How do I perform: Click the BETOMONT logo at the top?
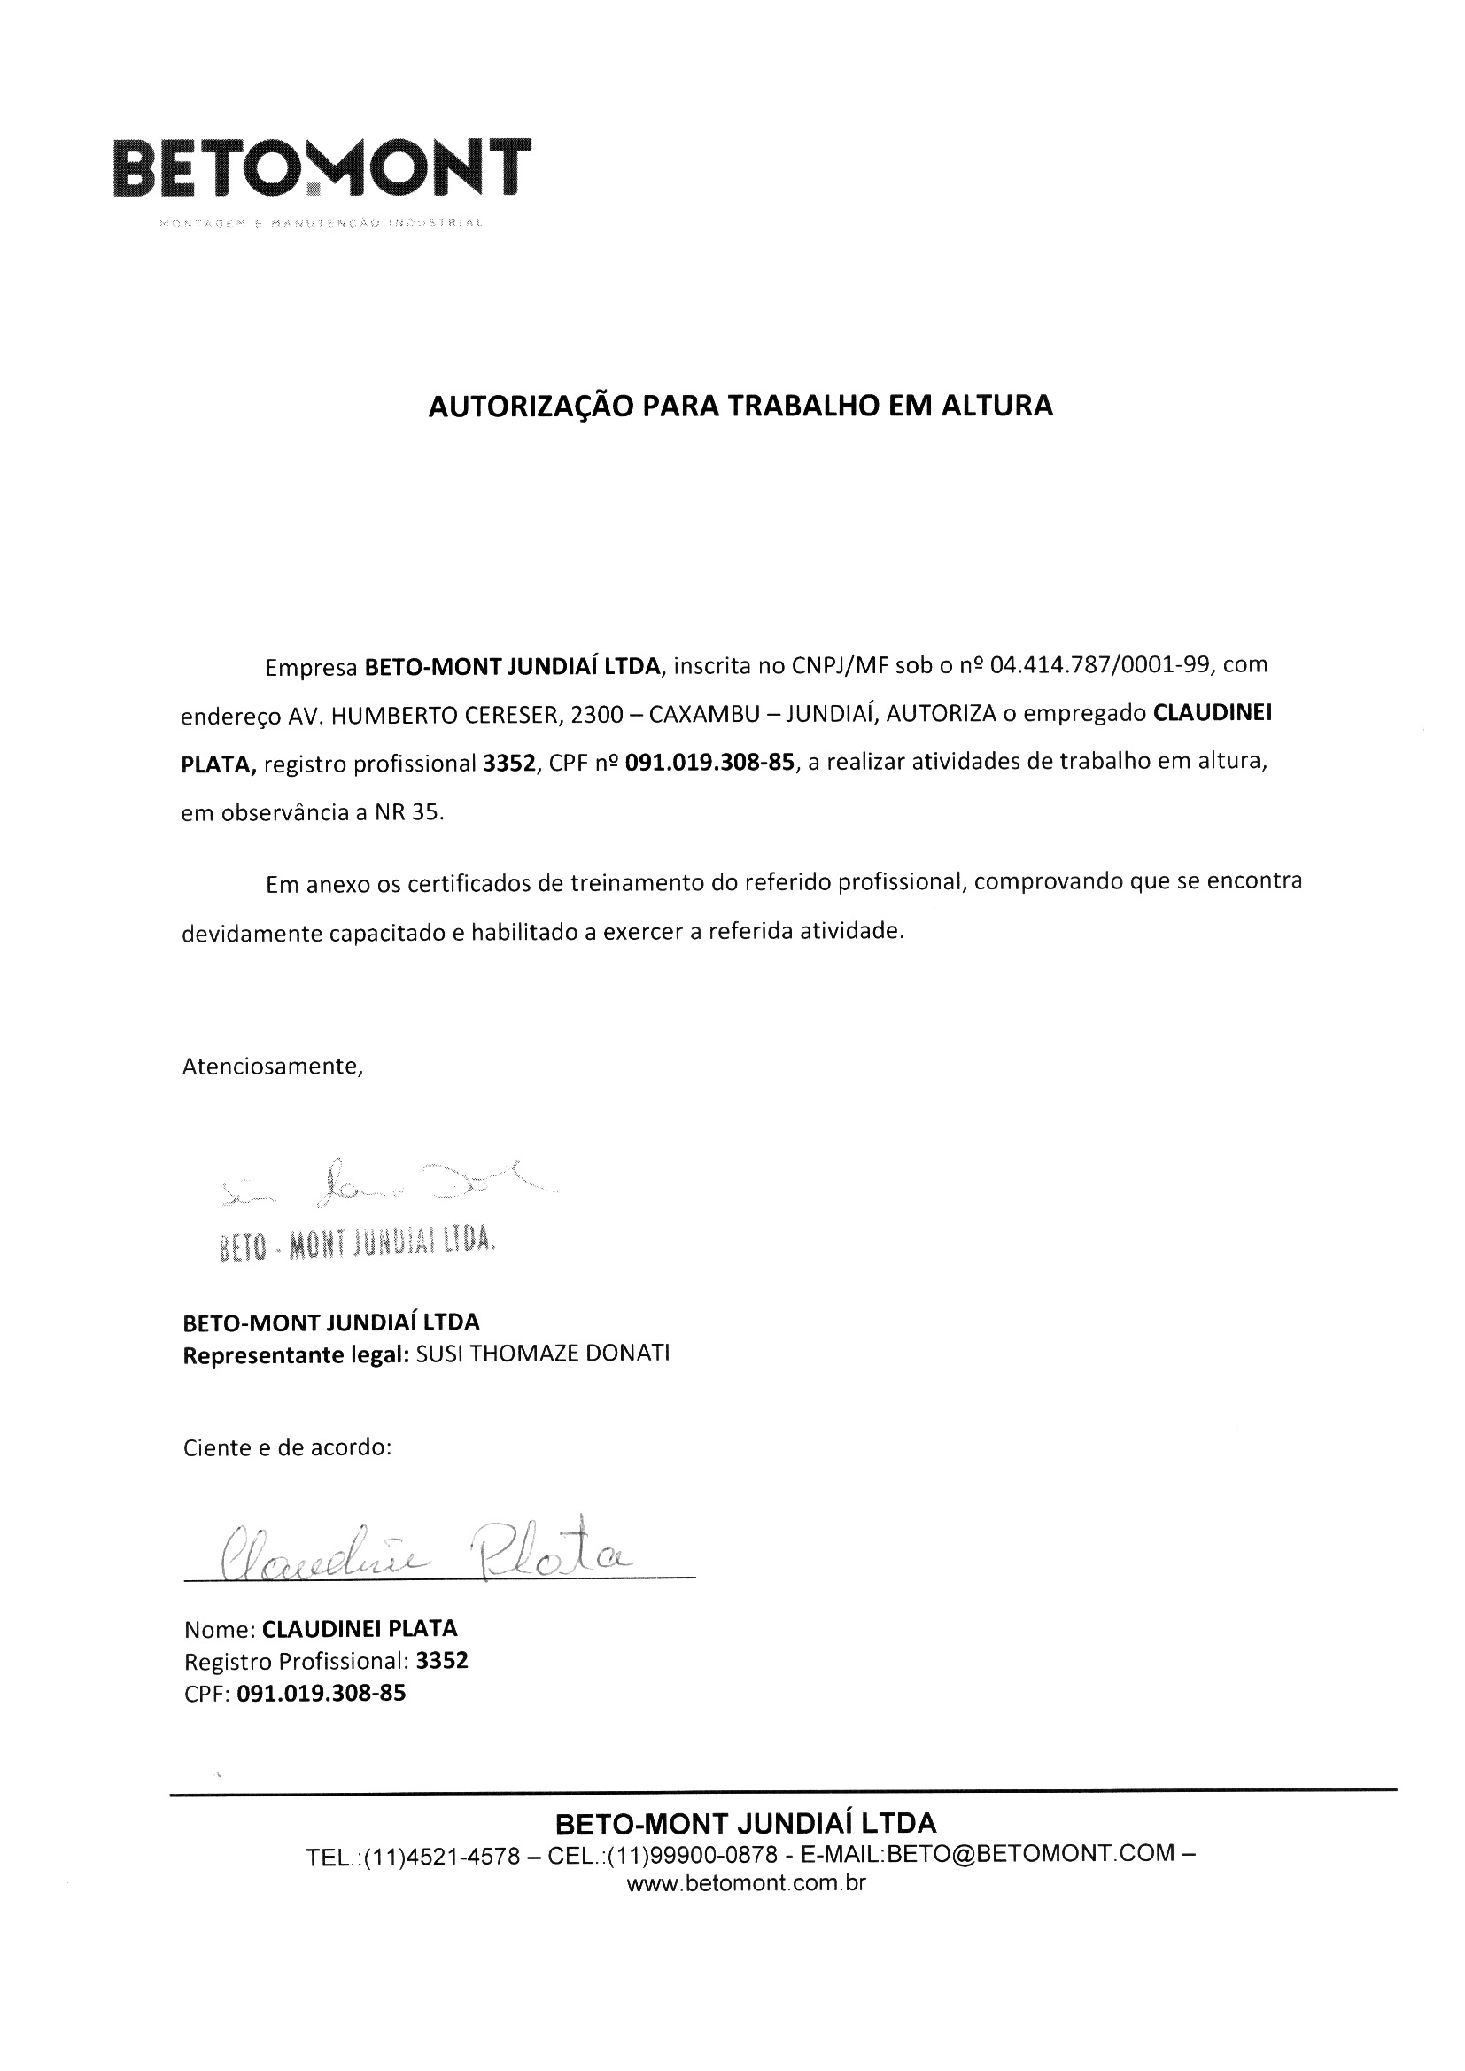click(322, 168)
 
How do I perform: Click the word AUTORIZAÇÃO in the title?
click(531, 407)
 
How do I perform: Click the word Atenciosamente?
click(273, 1067)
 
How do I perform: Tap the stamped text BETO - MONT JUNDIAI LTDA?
click(357, 1245)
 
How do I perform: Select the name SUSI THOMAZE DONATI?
click(543, 1354)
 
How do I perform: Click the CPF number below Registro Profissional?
click(322, 1693)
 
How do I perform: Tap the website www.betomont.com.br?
click(746, 1883)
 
